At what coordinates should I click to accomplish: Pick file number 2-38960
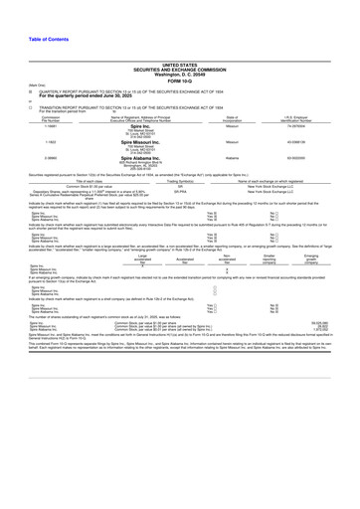(23, 158)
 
